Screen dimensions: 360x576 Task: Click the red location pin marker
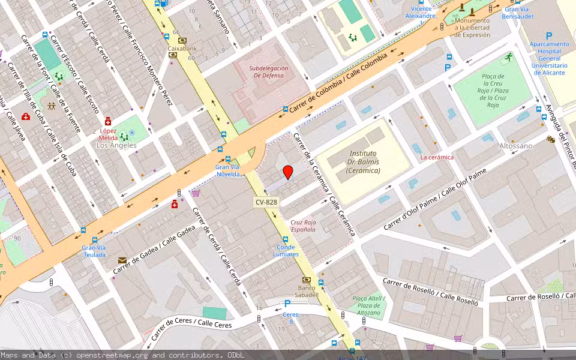(288, 172)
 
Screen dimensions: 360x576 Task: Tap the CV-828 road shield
(266, 202)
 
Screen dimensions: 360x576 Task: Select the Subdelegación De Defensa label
(269, 72)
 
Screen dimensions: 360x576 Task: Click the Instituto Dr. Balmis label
(363, 162)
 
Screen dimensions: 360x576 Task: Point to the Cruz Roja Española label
(303, 226)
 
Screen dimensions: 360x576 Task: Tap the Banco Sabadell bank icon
(307, 280)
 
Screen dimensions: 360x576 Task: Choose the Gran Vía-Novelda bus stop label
(228, 170)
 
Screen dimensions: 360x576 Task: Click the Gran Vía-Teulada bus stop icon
(84, 230)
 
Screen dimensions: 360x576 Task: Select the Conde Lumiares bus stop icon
(286, 239)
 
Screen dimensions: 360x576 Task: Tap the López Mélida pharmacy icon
(108, 121)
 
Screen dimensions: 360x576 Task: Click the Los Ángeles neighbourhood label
(116, 145)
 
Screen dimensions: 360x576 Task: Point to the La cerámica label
(437, 157)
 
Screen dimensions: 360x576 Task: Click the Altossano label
(515, 146)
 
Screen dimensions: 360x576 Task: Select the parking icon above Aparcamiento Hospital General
(548, 36)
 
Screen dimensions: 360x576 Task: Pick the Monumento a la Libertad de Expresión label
(472, 28)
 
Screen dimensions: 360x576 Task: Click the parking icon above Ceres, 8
(287, 304)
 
